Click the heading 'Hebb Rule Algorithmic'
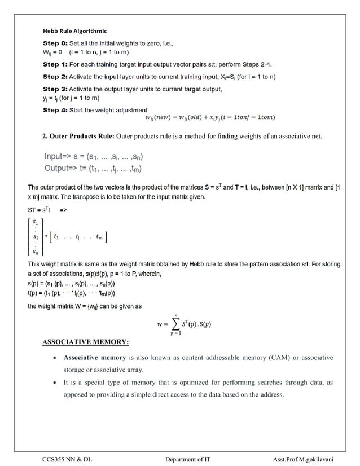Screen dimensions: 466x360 coord(75,30)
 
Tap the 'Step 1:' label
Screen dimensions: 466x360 coord(55,64)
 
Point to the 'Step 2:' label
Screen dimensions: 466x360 coord(55,77)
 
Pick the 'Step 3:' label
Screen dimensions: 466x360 coord(55,89)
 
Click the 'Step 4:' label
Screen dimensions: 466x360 coord(55,110)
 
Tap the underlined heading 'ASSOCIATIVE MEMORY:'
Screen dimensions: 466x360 coord(86,342)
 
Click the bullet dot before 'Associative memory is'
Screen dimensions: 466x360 coord(53,358)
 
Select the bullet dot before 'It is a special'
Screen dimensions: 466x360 coord(53,383)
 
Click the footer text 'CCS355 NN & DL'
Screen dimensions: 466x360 coord(67,460)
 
